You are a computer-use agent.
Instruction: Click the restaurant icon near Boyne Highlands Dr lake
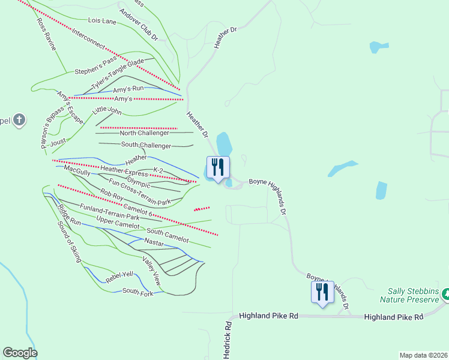[x=218, y=167]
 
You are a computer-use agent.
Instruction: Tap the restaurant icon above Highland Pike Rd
[x=322, y=292]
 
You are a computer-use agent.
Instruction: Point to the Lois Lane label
[x=102, y=21]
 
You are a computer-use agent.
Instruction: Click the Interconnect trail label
[x=88, y=39]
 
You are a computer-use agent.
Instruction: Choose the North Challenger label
[x=145, y=133]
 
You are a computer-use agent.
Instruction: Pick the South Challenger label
[x=146, y=145]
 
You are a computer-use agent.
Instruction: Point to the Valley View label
[x=151, y=270]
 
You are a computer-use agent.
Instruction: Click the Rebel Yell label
[x=119, y=278]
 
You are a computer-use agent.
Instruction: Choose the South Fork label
[x=138, y=292]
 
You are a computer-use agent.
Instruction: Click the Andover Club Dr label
[x=138, y=25]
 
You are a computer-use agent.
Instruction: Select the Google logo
[x=20, y=353]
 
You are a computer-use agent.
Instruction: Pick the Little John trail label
[x=107, y=110]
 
